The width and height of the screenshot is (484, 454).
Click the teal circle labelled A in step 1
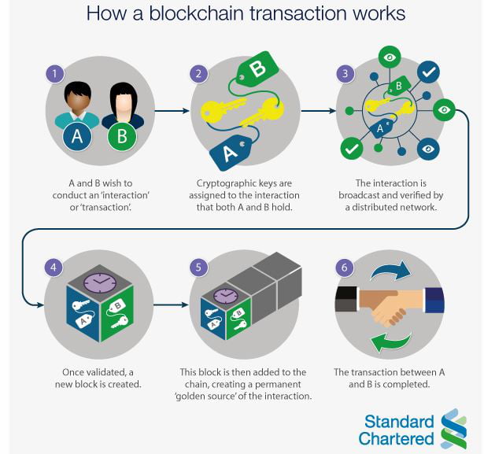(x=78, y=137)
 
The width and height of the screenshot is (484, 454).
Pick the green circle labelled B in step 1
(x=121, y=137)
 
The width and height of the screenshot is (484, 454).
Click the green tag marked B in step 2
(x=257, y=69)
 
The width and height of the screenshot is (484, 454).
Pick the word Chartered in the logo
(x=397, y=438)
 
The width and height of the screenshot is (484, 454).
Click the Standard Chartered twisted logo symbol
(x=454, y=429)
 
